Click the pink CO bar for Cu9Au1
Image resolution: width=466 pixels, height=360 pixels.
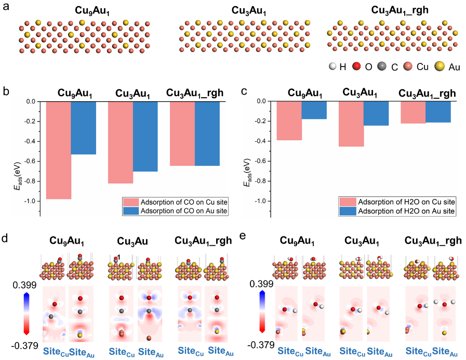58,150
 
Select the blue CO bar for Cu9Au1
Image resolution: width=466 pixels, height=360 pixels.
83,128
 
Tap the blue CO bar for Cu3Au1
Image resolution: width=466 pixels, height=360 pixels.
145,136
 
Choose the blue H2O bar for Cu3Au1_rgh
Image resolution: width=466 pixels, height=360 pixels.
438,112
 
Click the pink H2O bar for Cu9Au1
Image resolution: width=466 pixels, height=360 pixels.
289,121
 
